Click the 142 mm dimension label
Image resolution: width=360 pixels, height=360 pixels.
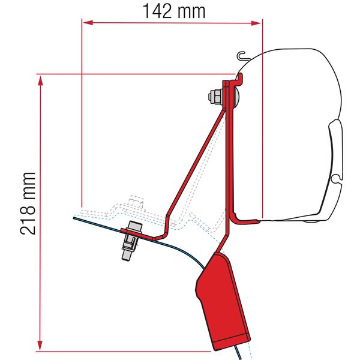click(173, 10)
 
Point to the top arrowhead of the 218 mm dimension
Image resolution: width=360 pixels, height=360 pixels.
click(40, 79)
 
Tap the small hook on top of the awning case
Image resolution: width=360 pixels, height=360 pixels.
click(241, 57)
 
